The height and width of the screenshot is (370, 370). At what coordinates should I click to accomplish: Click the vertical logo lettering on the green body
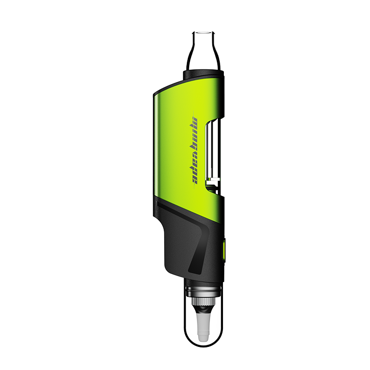coord(196,148)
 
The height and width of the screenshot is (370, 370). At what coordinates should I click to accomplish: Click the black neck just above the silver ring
coord(203,281)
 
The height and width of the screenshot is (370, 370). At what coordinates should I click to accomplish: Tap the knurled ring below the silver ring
coord(203,302)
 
